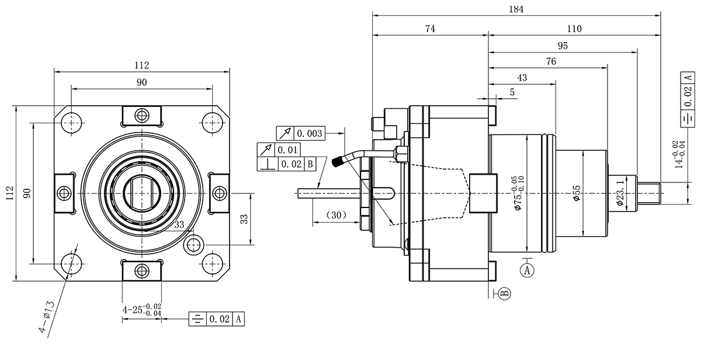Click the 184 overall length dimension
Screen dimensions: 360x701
[x=516, y=9]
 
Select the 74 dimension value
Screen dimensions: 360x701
[x=430, y=29]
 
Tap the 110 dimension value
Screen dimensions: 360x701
[x=574, y=29]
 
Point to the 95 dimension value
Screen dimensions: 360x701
[x=563, y=46]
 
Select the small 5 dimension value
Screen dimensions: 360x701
[x=512, y=92]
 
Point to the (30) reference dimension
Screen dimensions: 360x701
[x=334, y=215]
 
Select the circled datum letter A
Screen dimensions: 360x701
[x=528, y=270]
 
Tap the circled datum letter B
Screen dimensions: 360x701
[x=504, y=293]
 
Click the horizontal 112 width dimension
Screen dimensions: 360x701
[x=142, y=64]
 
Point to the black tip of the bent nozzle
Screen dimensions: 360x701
[x=338, y=162]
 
